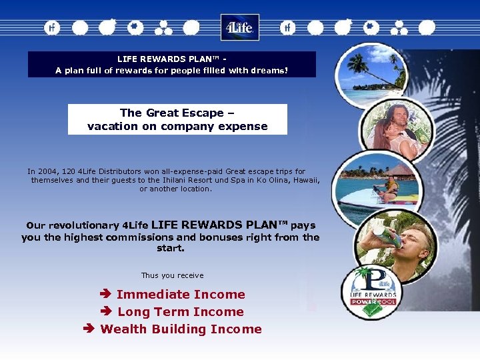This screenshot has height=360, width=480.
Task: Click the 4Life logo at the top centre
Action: pyautogui.click(x=239, y=27)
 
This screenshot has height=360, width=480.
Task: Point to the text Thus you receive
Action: pyautogui.click(x=172, y=275)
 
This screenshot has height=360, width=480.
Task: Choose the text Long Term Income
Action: pyautogui.click(x=181, y=311)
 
